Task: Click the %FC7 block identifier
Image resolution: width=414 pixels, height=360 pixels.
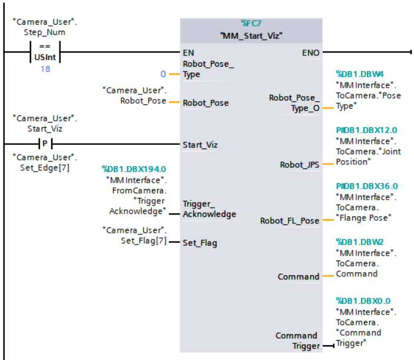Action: coord(251,24)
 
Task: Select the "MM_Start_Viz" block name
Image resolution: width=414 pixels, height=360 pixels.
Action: coord(251,35)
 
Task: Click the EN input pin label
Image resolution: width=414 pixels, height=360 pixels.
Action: coord(188,52)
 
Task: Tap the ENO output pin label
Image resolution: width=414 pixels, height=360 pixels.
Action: coord(310,53)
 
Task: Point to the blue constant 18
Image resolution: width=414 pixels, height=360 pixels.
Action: coord(45,69)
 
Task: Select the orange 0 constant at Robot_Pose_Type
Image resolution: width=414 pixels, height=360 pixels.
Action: coord(164,74)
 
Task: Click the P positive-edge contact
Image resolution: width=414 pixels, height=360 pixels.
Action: coord(45,143)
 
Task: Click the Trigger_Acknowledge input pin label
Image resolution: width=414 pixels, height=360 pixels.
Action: coord(209,209)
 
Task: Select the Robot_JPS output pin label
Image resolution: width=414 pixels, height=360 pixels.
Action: coord(300,165)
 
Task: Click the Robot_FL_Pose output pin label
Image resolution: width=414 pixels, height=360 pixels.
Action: coord(290,221)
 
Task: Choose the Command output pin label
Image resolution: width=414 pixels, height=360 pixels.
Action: coord(298,276)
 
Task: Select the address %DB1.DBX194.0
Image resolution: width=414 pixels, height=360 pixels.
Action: coord(134,169)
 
